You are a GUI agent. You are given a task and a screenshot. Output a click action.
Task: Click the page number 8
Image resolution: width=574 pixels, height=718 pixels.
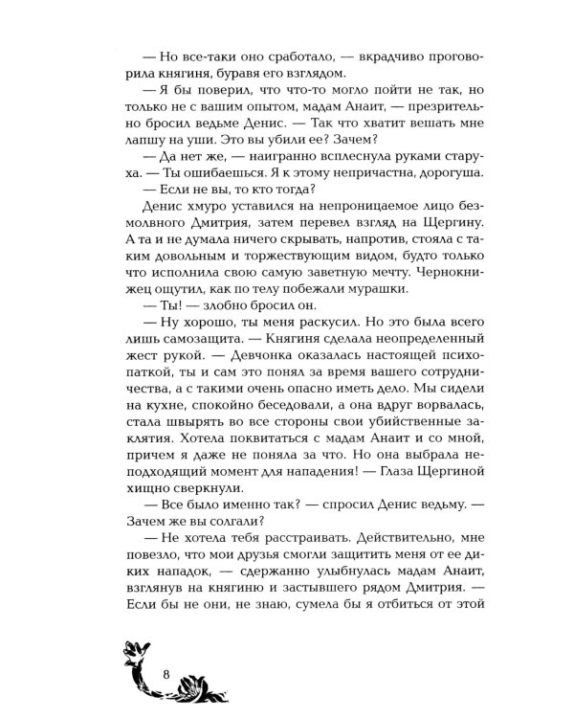[x=166, y=669]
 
